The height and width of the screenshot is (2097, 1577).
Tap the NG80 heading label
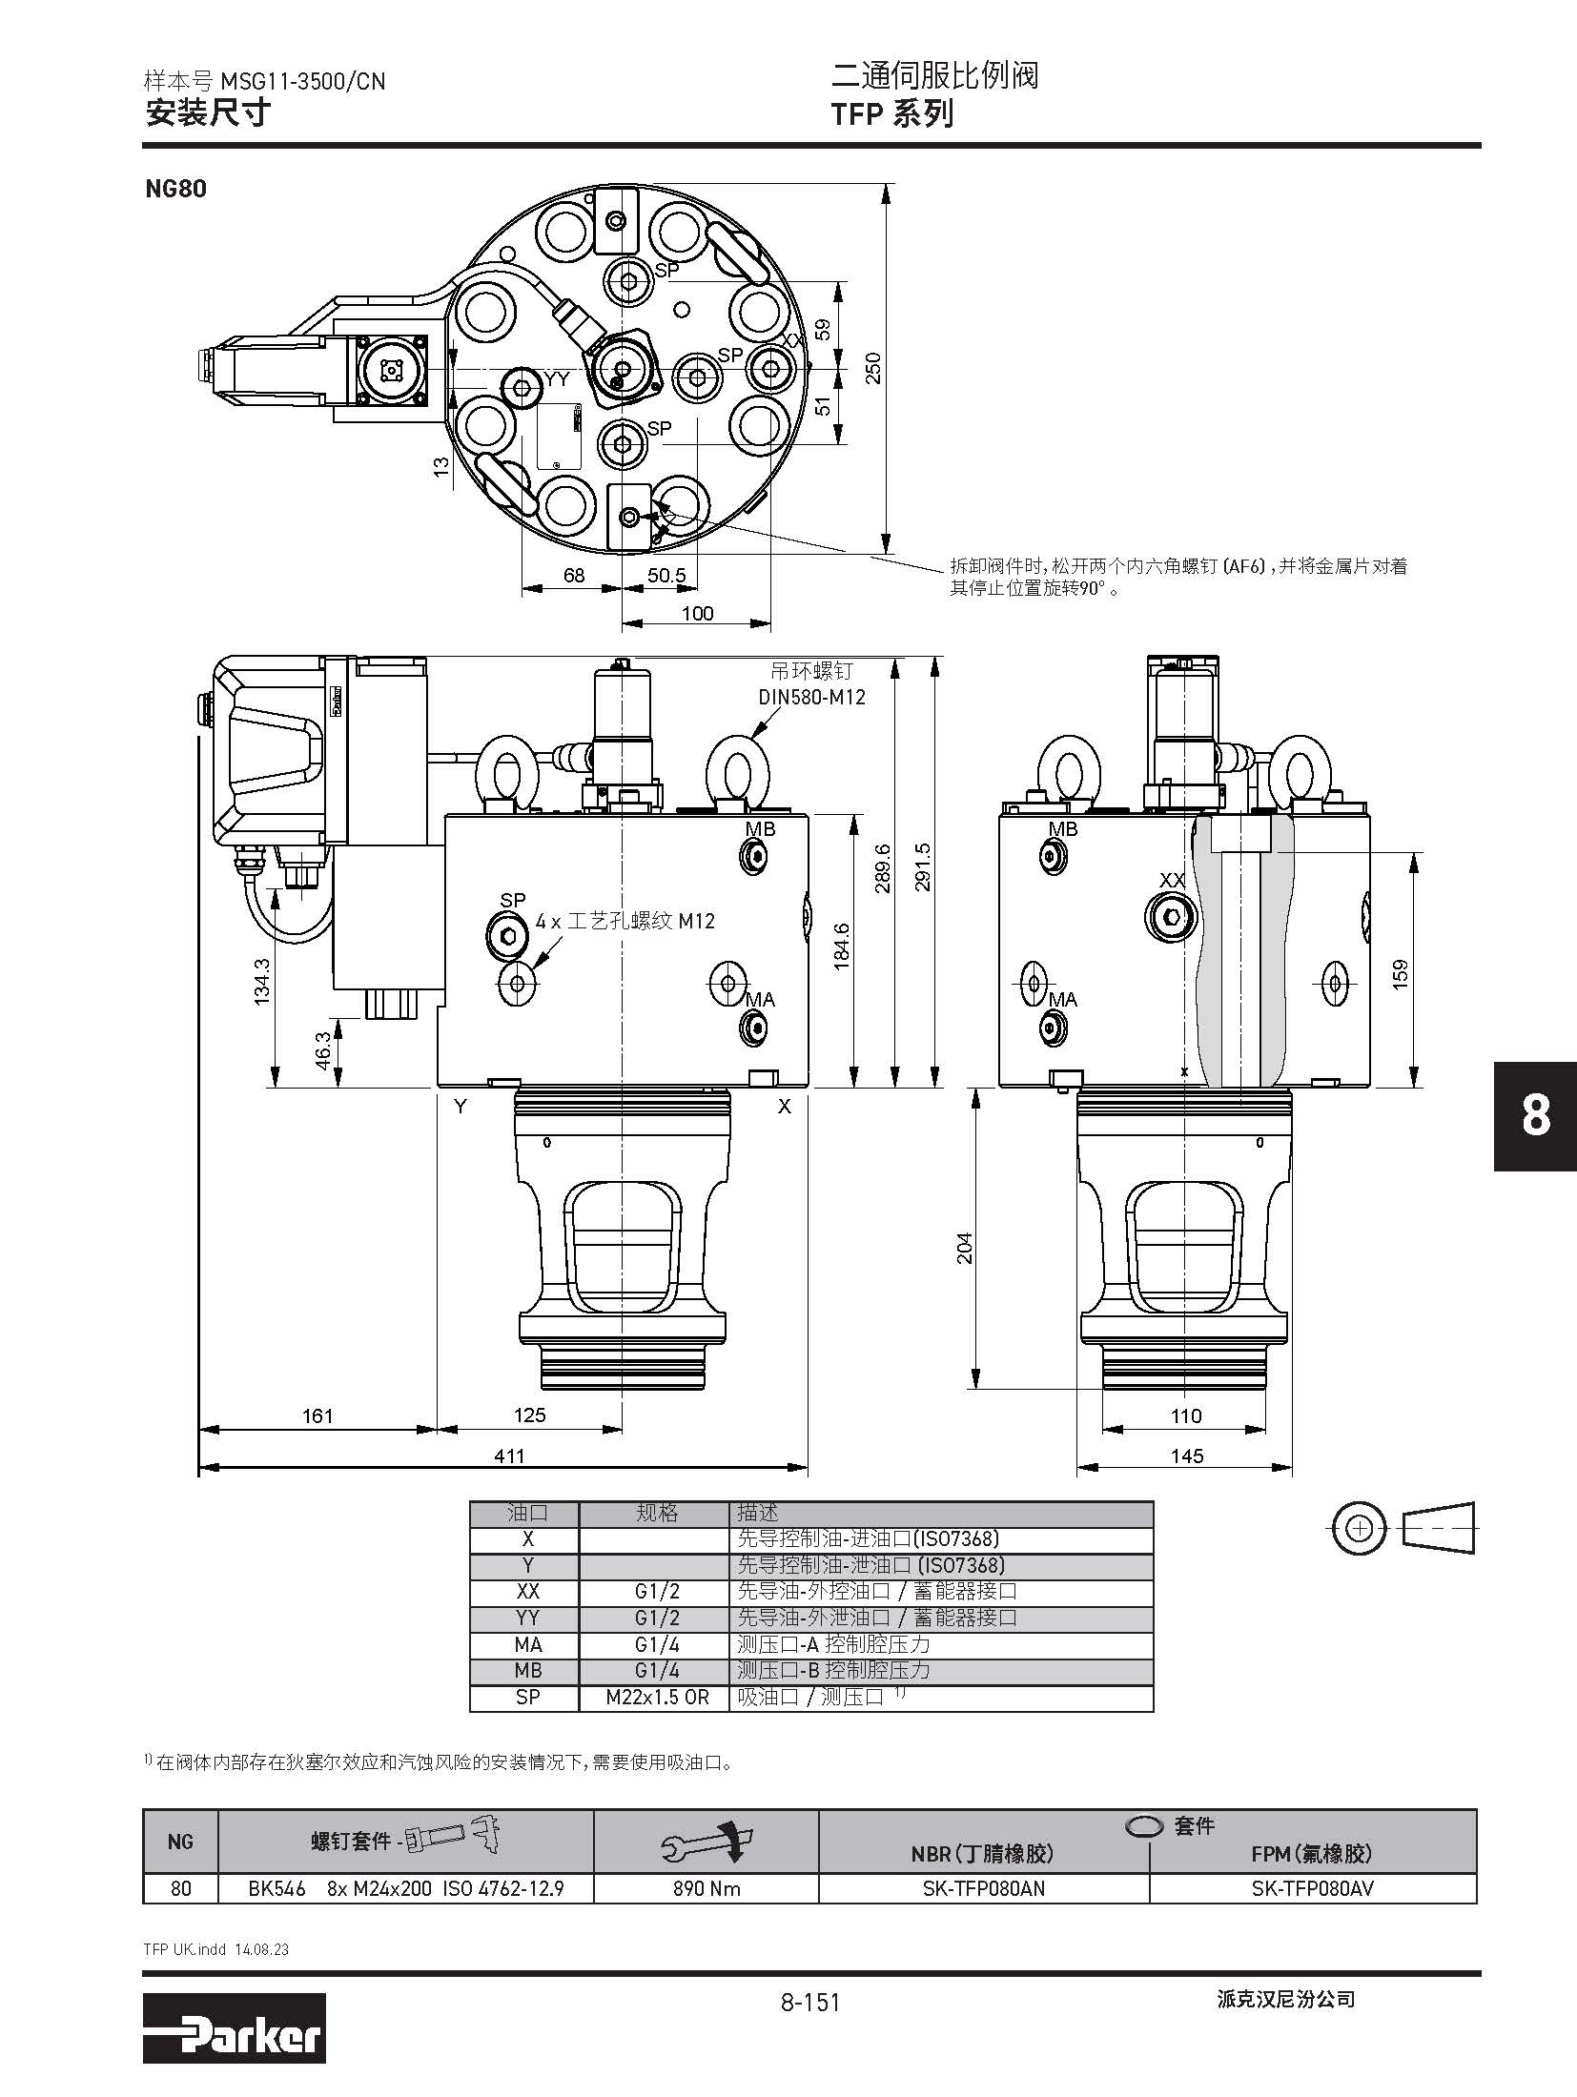[175, 188]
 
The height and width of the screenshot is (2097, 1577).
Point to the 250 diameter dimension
[871, 368]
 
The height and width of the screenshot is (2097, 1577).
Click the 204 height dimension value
[964, 1249]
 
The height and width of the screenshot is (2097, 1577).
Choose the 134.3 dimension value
[262, 981]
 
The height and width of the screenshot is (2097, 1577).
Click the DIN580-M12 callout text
[812, 697]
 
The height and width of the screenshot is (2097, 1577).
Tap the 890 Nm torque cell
[707, 1888]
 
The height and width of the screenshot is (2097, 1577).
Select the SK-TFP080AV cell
[1313, 1888]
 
